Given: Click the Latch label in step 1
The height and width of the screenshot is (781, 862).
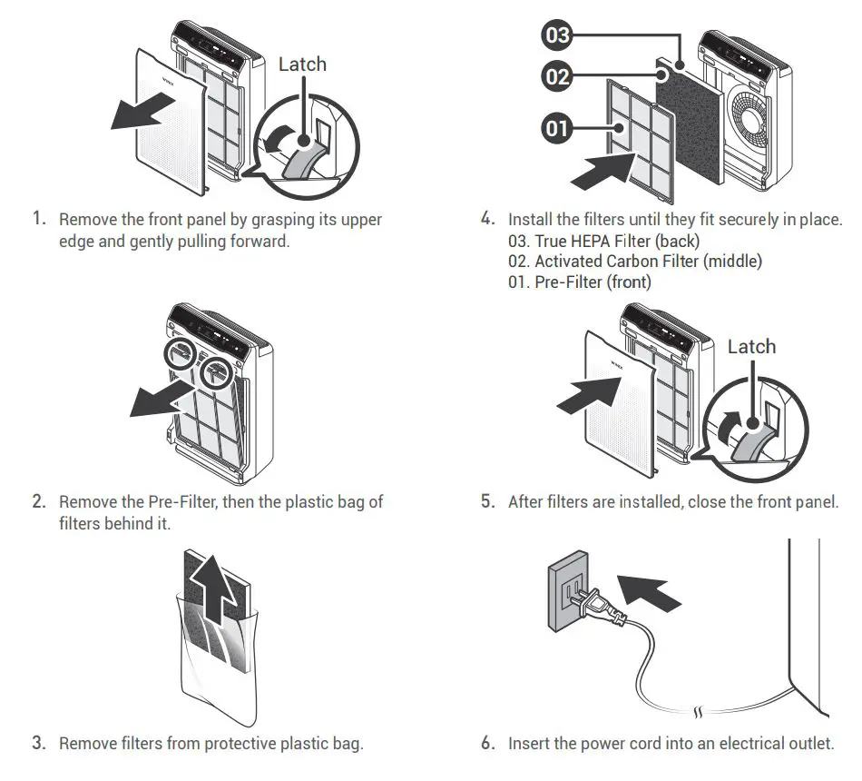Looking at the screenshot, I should click(x=302, y=64).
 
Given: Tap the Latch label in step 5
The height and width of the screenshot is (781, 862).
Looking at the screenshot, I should click(x=751, y=347).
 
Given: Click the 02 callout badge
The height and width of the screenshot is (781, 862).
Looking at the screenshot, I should click(x=557, y=76).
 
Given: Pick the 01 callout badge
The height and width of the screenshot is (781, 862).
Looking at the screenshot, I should click(x=556, y=128).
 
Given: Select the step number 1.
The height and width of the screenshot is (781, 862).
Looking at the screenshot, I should click(x=38, y=219).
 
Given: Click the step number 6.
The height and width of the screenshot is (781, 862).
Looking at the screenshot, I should click(x=488, y=743).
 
